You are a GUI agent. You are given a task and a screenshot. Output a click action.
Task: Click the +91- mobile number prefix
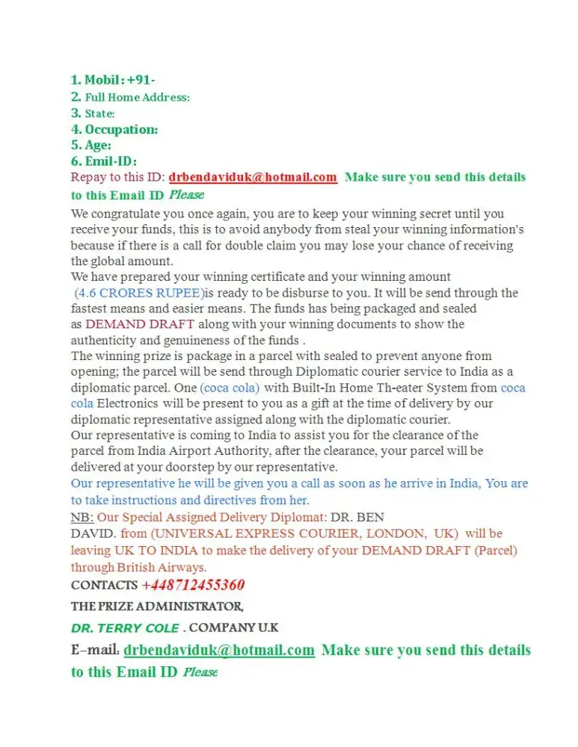141,81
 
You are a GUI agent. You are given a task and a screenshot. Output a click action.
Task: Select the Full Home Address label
137,97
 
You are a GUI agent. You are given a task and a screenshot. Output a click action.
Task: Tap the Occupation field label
121,129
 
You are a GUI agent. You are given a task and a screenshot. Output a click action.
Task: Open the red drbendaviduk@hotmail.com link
253,177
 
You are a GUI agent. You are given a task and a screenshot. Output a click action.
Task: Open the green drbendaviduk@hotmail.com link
219,650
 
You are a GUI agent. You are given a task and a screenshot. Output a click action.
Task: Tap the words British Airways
153,567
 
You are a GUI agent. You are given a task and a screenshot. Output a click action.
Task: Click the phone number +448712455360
193,585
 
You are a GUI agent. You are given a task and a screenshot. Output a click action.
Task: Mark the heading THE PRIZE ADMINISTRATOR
157,606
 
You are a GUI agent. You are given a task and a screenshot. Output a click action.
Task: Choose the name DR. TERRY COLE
126,627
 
